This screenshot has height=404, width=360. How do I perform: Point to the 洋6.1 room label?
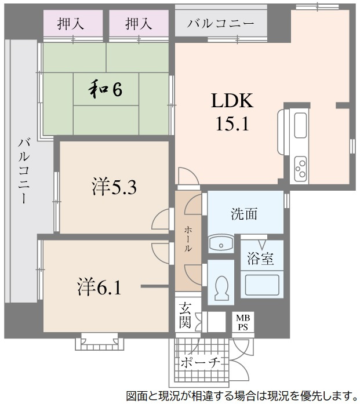[100, 286]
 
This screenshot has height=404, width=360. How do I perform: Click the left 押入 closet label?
[71, 24]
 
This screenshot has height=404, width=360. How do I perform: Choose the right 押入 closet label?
[139, 24]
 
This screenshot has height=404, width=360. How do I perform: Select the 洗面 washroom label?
[244, 214]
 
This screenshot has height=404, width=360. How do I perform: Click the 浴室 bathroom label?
[261, 258]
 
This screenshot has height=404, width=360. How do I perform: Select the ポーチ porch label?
[199, 363]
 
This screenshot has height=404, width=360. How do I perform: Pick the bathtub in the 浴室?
[261, 285]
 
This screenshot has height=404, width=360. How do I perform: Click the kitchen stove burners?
[300, 166]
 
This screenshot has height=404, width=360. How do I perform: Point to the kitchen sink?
[300, 125]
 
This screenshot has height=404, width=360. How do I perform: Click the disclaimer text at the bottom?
[240, 396]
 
